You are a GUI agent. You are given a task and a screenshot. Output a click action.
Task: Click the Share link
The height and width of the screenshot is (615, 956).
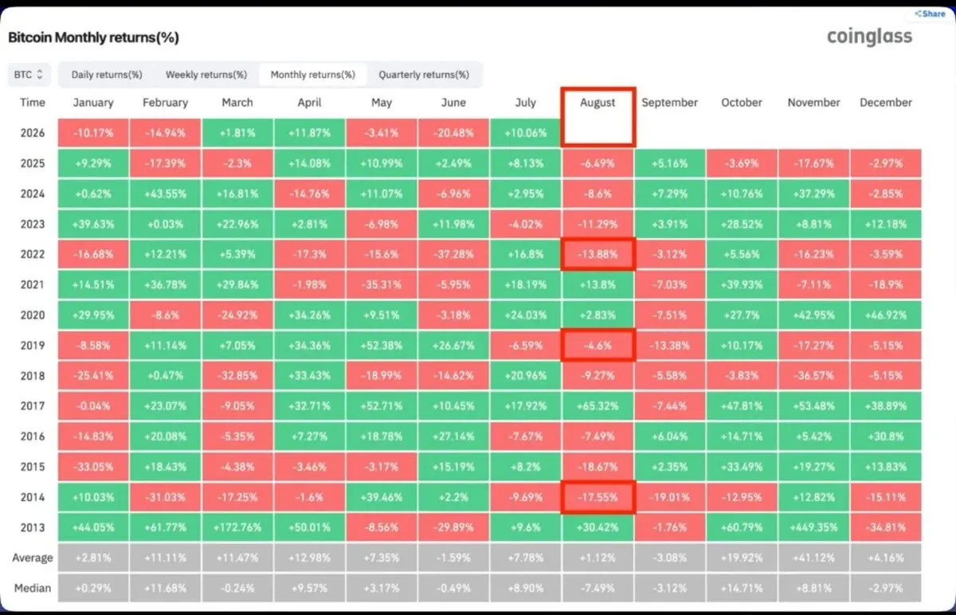click(x=930, y=14)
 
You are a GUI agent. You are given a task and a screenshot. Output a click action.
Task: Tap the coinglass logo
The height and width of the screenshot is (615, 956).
click(x=869, y=37)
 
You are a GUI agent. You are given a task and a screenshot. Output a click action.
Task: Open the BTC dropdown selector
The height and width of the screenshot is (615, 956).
click(x=29, y=75)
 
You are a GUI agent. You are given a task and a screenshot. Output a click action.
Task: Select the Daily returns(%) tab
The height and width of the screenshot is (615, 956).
click(x=107, y=75)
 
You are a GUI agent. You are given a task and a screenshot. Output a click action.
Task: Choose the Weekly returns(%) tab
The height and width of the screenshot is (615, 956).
click(x=206, y=75)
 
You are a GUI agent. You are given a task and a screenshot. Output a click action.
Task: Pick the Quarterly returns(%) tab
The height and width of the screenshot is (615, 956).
click(x=424, y=75)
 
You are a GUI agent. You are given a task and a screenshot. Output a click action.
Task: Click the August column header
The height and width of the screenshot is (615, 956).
click(x=597, y=103)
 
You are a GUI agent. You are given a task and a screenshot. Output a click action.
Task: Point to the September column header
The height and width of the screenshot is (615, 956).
click(x=670, y=103)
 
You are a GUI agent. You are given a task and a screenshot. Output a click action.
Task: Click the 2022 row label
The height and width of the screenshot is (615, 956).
click(x=33, y=254)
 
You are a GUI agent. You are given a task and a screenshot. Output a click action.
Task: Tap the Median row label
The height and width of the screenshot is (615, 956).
click(x=33, y=588)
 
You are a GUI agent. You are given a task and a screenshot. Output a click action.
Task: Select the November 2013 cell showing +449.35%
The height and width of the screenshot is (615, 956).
click(x=814, y=527)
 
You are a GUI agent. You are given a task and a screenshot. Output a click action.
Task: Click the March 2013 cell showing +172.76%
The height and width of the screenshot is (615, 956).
click(x=237, y=527)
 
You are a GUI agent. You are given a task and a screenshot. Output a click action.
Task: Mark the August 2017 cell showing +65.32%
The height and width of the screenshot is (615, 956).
click(x=597, y=405)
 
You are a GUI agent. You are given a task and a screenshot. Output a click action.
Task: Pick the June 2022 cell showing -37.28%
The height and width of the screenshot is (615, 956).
click(x=453, y=254)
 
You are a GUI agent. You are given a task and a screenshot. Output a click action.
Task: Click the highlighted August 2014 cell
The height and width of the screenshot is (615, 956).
click(x=598, y=497)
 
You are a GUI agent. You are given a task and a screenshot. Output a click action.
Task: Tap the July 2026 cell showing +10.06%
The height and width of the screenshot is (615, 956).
click(x=525, y=133)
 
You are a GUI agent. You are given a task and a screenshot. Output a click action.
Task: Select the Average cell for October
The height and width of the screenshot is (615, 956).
click(x=742, y=558)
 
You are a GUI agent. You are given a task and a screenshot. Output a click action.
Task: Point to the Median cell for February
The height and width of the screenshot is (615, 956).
click(x=165, y=588)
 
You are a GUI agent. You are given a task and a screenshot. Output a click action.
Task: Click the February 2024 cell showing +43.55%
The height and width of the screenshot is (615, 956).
click(x=165, y=194)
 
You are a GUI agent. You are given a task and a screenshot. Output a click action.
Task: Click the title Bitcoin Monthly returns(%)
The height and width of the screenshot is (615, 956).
click(x=93, y=37)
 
